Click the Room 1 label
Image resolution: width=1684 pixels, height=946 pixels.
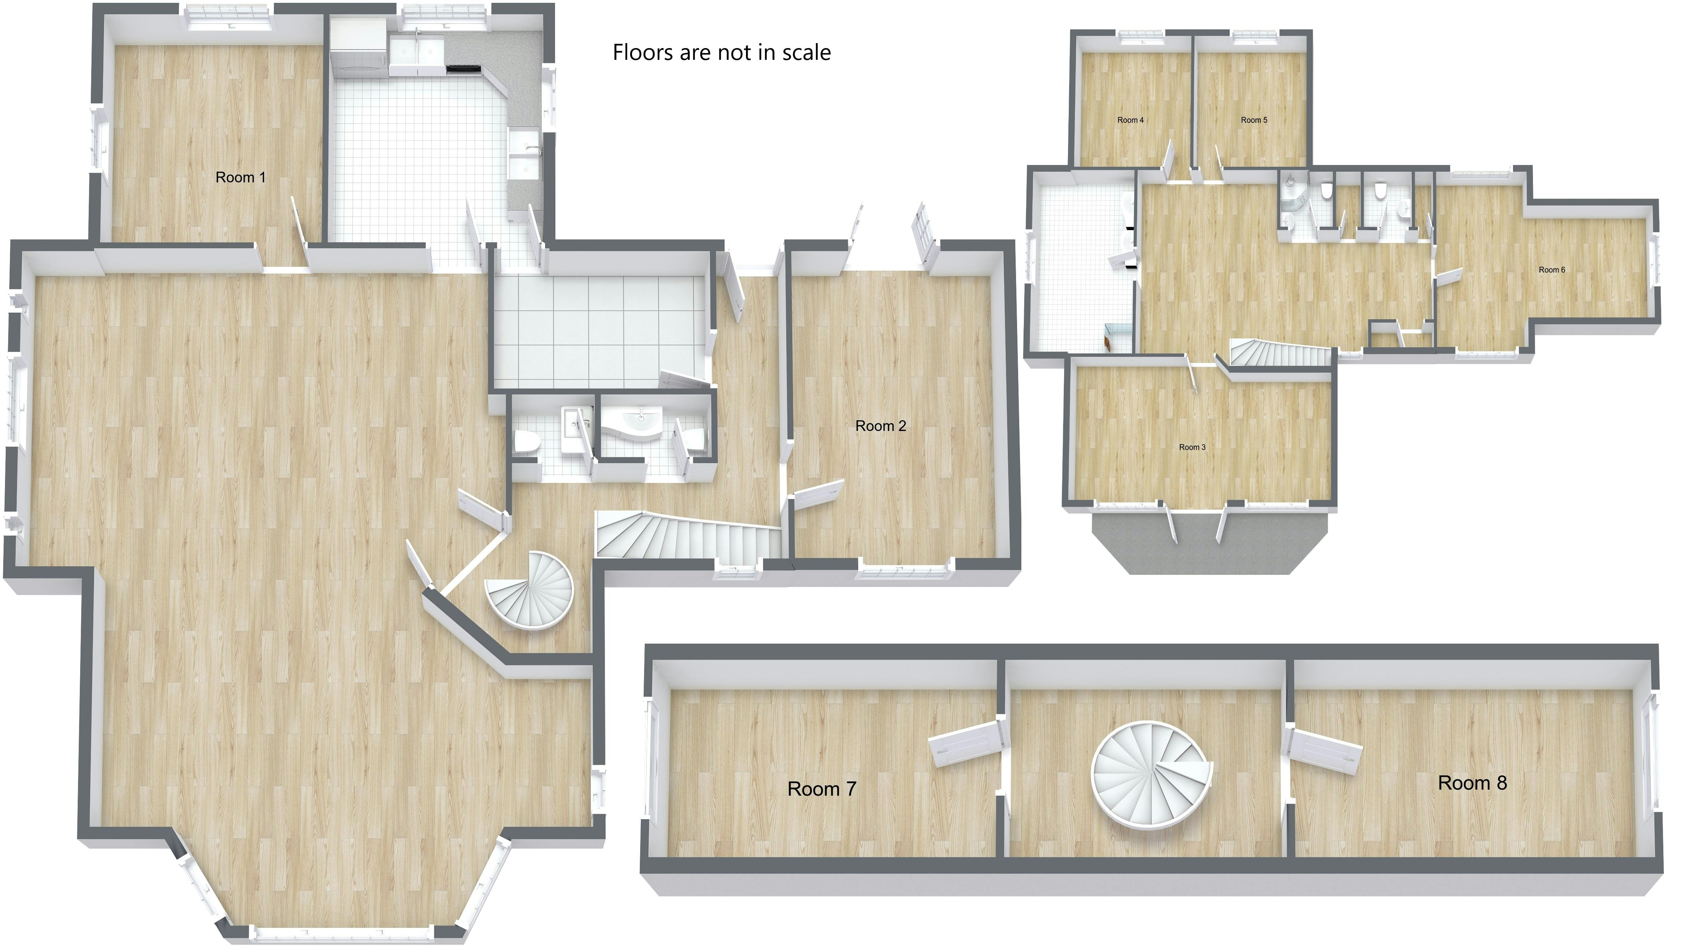[240, 177]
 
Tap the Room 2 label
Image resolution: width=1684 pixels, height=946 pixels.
[881, 426]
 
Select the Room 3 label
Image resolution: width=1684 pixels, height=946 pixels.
[1192, 447]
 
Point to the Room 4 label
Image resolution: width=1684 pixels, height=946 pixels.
[1130, 120]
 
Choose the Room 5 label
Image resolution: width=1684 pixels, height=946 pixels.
[1254, 120]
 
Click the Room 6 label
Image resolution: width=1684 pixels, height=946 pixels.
[1551, 270]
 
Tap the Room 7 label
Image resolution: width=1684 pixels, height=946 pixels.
[822, 789]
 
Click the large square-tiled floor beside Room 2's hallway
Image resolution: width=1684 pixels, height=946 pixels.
[598, 330]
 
